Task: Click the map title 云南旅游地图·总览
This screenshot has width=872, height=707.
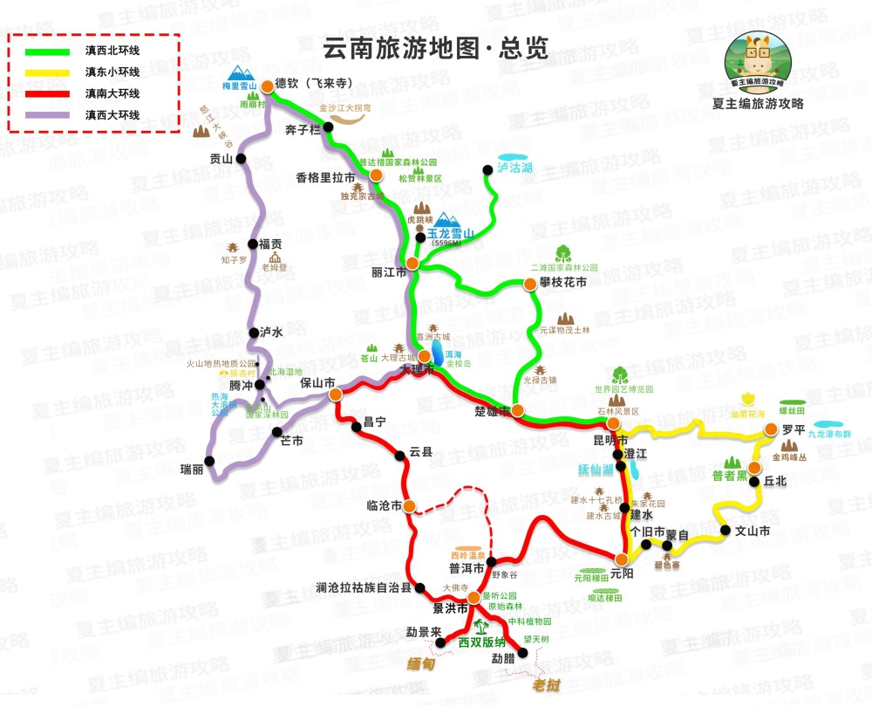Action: (435, 49)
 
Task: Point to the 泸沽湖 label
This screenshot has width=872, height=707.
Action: (514, 167)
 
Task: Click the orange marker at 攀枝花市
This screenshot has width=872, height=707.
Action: (529, 285)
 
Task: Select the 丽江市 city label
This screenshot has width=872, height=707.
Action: (389, 272)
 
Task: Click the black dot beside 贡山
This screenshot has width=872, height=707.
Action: (242, 159)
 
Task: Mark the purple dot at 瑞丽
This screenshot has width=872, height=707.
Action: (208, 461)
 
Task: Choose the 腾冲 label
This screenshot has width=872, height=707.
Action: (240, 384)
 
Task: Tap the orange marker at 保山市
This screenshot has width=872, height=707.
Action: (336, 395)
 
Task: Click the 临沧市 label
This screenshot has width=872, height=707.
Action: (384, 505)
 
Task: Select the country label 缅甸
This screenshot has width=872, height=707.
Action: (422, 663)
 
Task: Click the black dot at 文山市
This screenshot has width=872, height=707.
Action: (726, 530)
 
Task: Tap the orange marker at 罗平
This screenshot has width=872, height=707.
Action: (771, 429)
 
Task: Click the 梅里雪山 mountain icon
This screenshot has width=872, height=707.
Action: (240, 72)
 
